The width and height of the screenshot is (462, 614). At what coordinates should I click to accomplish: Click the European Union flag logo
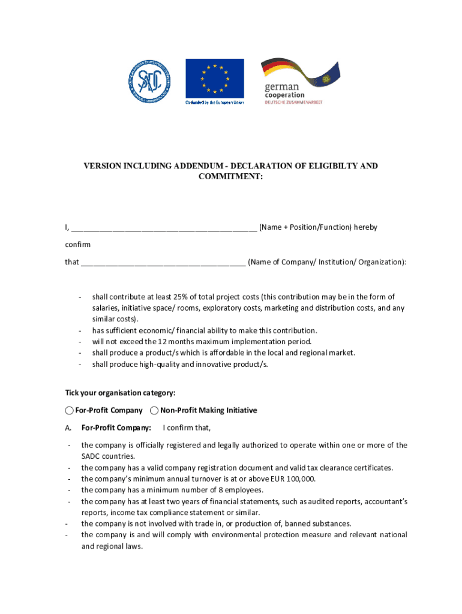214,78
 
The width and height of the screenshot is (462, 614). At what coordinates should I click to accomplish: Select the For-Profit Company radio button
70,411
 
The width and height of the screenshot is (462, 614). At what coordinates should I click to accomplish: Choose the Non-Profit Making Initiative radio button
154,411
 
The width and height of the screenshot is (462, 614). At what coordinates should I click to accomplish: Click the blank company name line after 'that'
163,262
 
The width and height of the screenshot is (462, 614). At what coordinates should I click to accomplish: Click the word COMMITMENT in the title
230,177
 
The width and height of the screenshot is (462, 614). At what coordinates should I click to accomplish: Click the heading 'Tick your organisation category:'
120,393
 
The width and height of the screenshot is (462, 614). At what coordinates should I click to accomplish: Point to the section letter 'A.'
69,428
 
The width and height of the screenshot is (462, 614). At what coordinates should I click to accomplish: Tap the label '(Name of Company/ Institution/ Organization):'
327,262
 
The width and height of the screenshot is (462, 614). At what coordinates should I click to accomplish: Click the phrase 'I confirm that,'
187,428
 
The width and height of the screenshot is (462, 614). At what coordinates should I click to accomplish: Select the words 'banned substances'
320,523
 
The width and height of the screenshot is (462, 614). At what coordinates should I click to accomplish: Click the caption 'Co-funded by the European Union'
214,103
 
